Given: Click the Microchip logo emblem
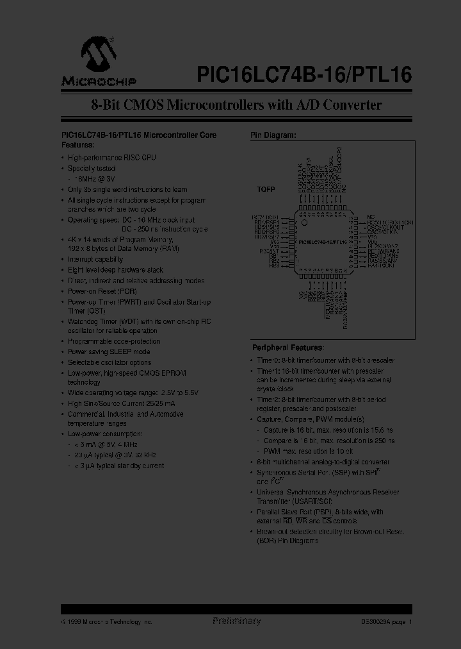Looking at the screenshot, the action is [x=97, y=53].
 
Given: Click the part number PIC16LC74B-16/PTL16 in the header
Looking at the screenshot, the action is [x=300, y=75].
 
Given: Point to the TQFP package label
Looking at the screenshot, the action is [x=266, y=190].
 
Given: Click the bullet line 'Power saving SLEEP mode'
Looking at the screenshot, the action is [x=109, y=352].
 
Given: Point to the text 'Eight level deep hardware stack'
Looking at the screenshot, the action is [x=115, y=270].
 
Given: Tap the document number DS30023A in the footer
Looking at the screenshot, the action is [x=375, y=622].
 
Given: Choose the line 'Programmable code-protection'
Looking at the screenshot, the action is [x=114, y=341].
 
